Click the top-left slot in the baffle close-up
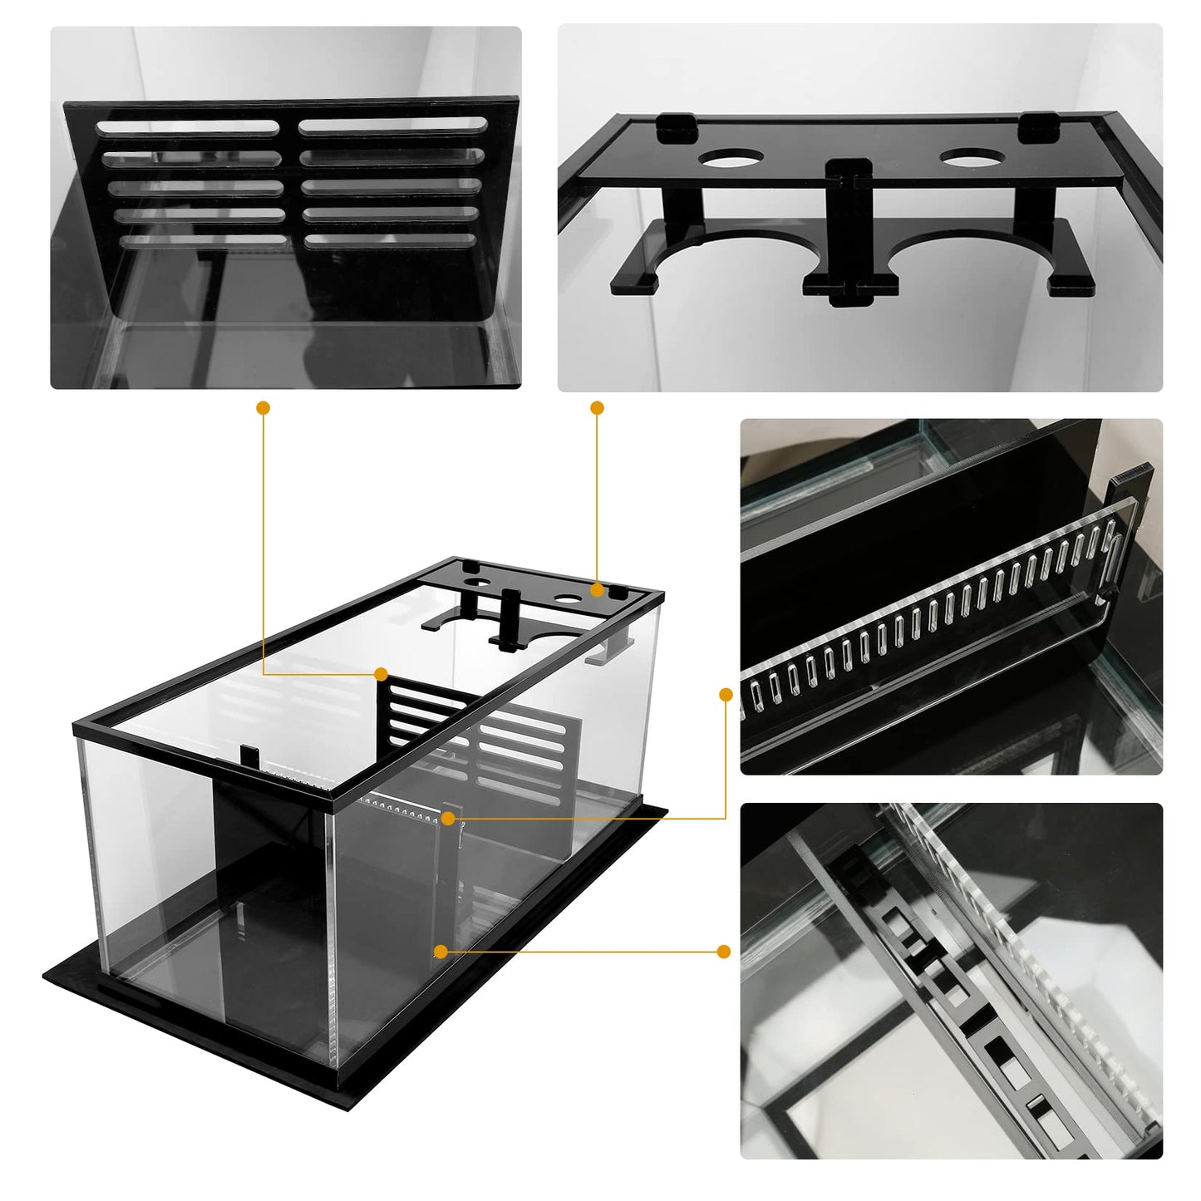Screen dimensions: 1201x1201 pyautogui.click(x=187, y=127)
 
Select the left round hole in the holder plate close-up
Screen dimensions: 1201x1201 pyautogui.click(x=731, y=158)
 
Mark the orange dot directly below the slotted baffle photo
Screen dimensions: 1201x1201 pyautogui.click(x=263, y=408)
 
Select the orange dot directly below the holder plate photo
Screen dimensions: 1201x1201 pyautogui.click(x=597, y=408)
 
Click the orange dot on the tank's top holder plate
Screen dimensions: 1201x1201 pyautogui.click(x=597, y=589)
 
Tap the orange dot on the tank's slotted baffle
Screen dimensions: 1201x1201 pyautogui.click(x=381, y=673)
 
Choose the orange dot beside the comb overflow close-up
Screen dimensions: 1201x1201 pyautogui.click(x=726, y=694)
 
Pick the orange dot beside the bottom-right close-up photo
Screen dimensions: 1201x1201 pyautogui.click(x=723, y=951)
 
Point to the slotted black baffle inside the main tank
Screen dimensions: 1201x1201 pyautogui.click(x=499, y=731)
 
